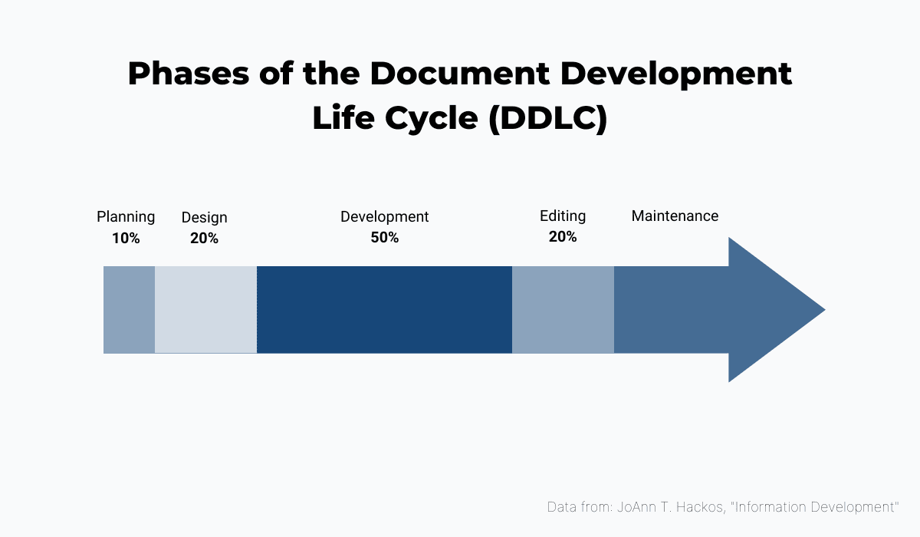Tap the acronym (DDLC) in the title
[547, 120]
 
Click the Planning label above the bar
[126, 217]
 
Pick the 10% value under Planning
[126, 238]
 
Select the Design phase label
[204, 218]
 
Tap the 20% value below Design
[204, 238]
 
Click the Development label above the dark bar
[384, 217]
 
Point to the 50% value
[384, 238]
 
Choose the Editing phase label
[563, 216]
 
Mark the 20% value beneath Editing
[563, 237]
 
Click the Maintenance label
[675, 216]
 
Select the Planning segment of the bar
[129, 310]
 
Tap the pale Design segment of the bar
[205, 310]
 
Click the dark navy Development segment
[384, 310]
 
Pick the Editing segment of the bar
[563, 310]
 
